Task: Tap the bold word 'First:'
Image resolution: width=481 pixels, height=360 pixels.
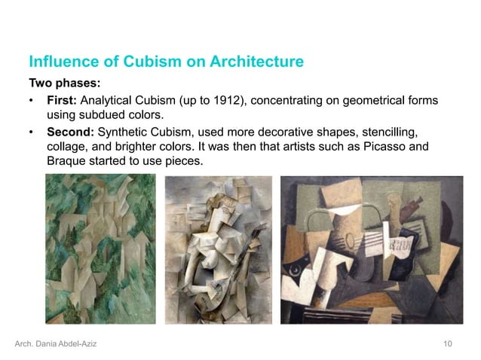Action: (62, 100)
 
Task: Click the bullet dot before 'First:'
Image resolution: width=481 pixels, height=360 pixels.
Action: (32, 101)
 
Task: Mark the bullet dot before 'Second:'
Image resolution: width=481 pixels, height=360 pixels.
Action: (32, 133)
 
